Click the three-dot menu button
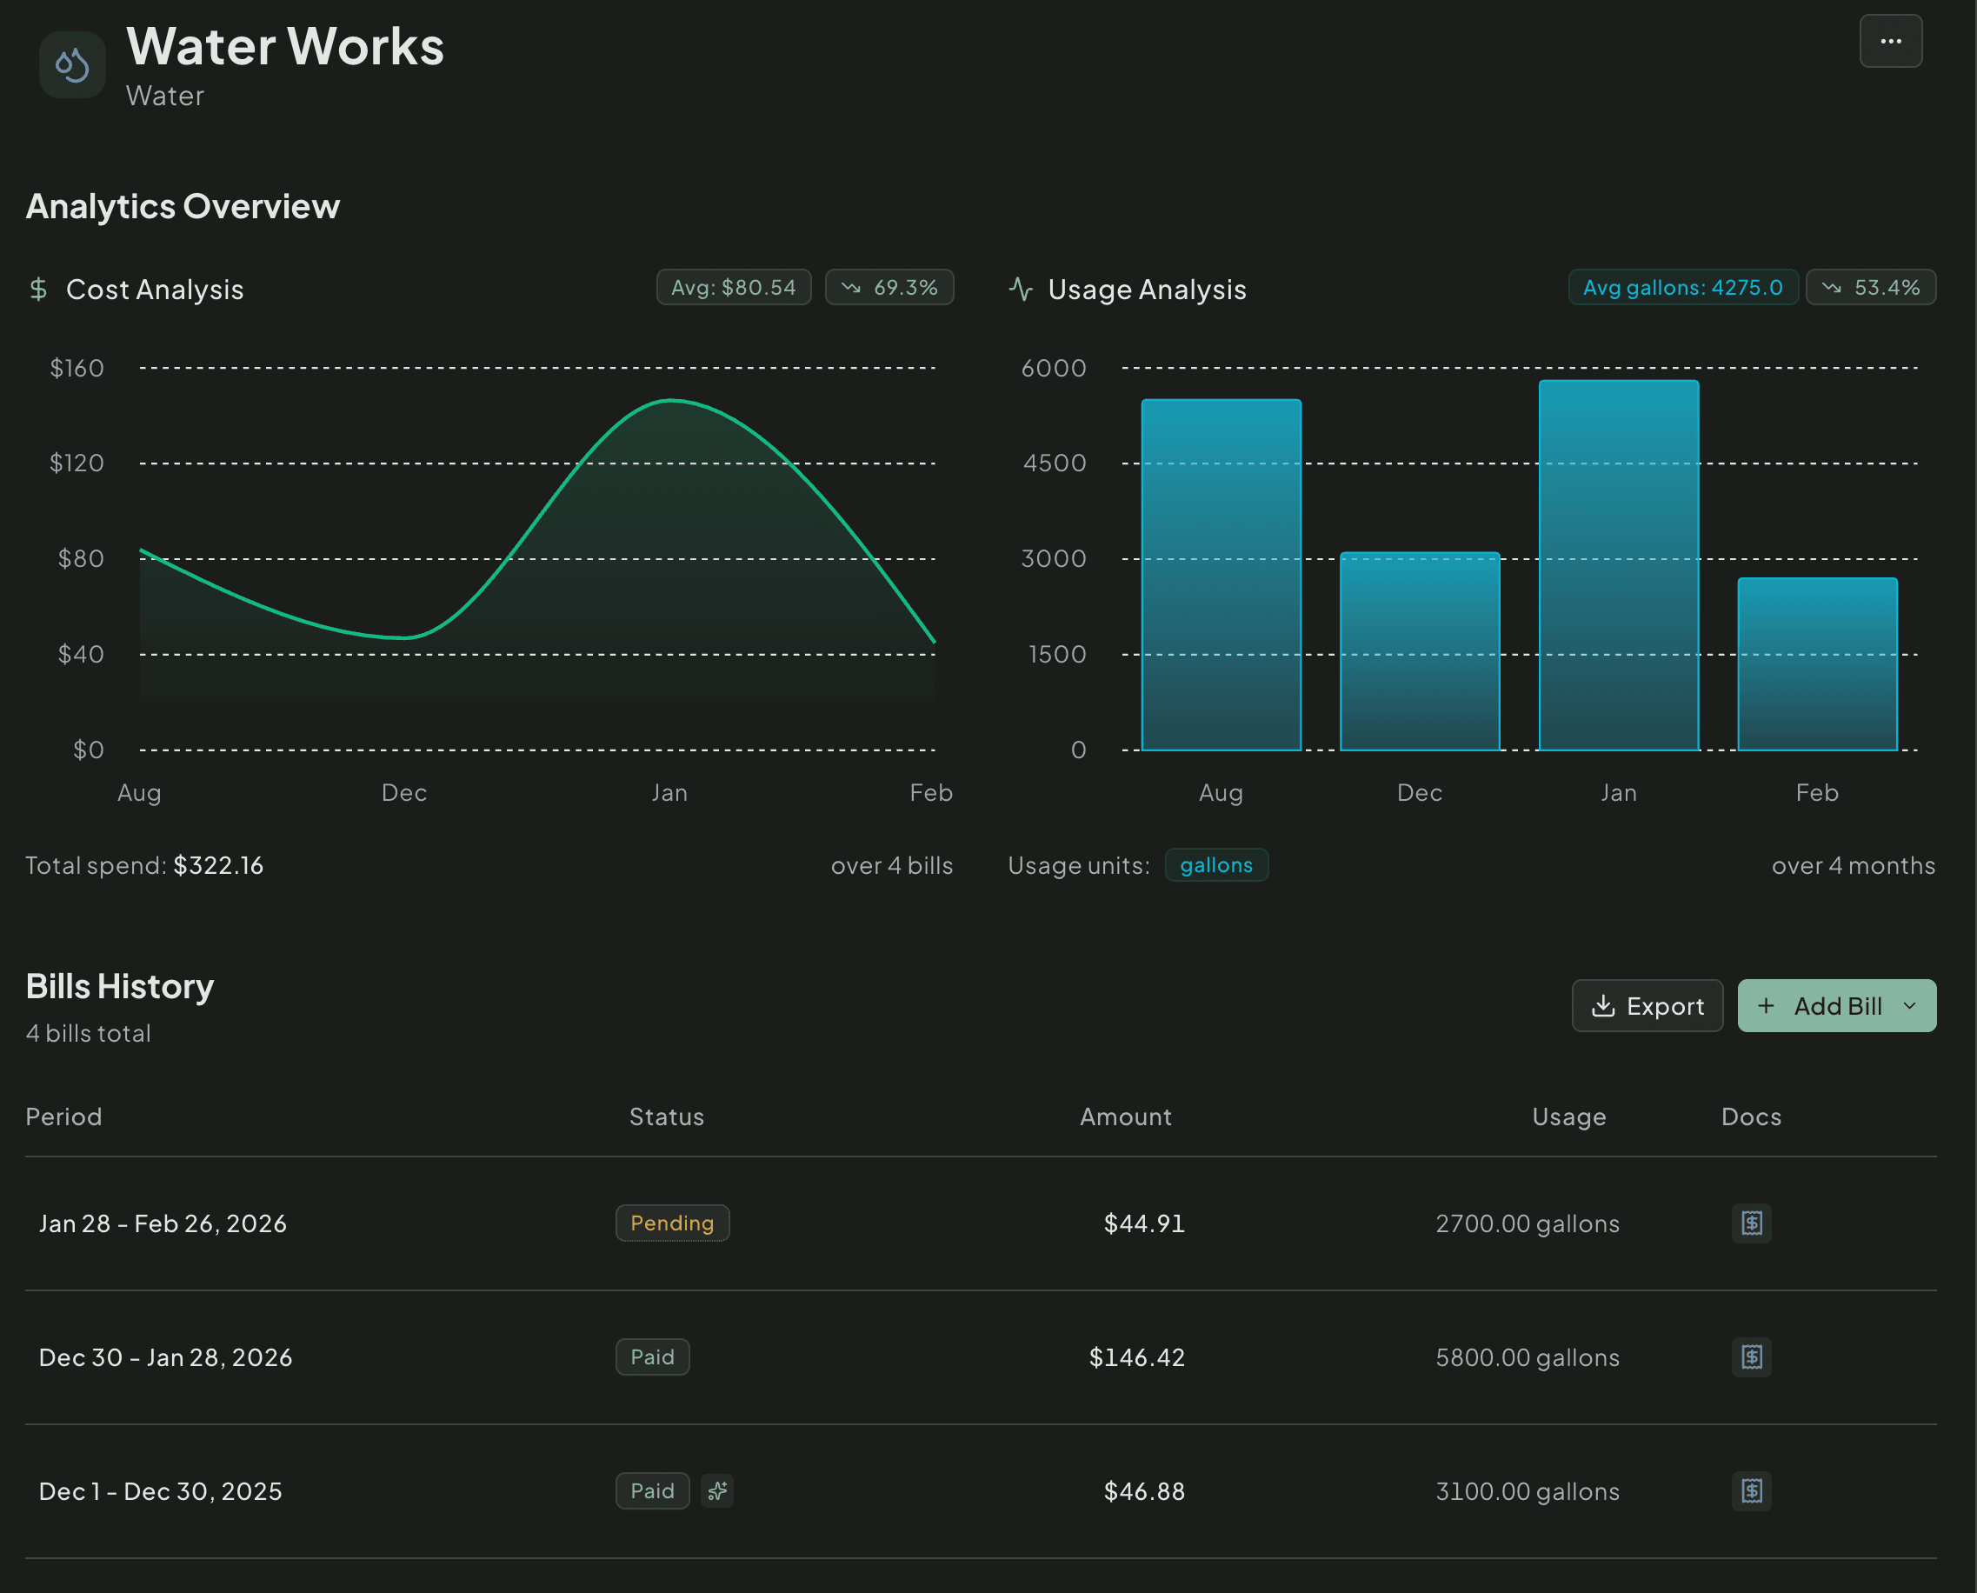(1890, 41)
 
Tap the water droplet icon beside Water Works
(72, 65)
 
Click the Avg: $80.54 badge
(733, 287)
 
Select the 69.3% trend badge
(889, 287)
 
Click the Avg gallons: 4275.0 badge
(1681, 287)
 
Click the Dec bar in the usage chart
(1419, 651)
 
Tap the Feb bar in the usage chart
(1816, 665)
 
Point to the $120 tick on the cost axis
(77, 463)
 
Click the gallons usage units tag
(1215, 865)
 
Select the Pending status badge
(671, 1223)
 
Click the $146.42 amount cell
(1135, 1357)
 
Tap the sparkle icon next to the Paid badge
(717, 1491)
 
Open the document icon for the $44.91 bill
(1750, 1223)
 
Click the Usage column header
(1568, 1116)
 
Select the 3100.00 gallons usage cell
(1527, 1491)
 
